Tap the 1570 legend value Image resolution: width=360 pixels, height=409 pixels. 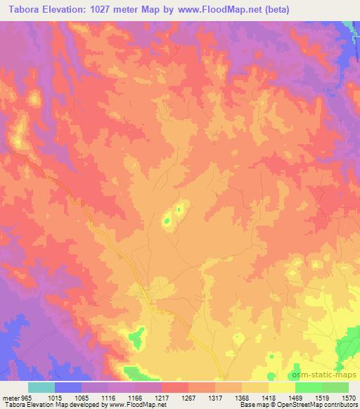349,397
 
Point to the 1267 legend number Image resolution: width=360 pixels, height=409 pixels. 188,397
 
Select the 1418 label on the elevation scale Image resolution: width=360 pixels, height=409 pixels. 269,397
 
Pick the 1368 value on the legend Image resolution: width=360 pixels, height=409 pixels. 242,397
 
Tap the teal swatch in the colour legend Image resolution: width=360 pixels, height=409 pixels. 41,387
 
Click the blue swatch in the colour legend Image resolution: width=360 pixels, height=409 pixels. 68,387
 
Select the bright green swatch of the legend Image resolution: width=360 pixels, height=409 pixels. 308,387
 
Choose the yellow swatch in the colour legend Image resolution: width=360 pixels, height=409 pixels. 281,387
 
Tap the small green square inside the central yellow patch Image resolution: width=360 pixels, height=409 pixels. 167,221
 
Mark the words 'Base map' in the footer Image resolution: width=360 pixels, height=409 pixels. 250,405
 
